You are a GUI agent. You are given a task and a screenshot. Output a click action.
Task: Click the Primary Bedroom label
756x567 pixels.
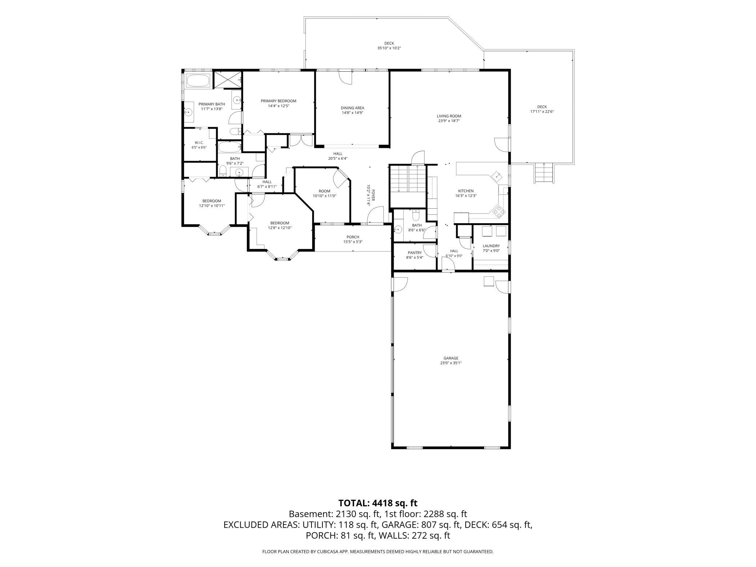point(278,101)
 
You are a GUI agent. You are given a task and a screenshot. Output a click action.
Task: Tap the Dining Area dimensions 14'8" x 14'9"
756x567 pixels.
point(352,113)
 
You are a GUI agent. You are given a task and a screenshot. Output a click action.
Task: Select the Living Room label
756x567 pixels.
point(449,116)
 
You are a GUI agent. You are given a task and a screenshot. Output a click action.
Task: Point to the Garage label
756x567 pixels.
point(451,358)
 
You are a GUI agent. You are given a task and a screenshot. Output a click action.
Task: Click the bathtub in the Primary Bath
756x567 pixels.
point(198,80)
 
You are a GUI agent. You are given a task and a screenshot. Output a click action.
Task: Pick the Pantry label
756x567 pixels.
point(415,253)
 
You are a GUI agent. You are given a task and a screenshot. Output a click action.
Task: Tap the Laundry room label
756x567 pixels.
point(491,246)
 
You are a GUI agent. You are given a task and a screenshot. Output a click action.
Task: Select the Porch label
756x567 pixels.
point(353,237)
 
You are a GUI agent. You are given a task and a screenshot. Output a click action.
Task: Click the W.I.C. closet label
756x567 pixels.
point(199,142)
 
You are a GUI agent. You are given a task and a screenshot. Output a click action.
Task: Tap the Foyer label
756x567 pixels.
point(373,196)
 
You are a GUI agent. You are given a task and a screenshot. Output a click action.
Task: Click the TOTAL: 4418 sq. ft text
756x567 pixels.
point(378,503)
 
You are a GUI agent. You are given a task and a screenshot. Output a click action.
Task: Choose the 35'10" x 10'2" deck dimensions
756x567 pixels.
point(389,48)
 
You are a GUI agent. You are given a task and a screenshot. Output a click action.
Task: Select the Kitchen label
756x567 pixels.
point(466,191)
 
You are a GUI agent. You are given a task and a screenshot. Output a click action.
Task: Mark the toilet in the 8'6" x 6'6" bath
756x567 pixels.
point(416,216)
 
